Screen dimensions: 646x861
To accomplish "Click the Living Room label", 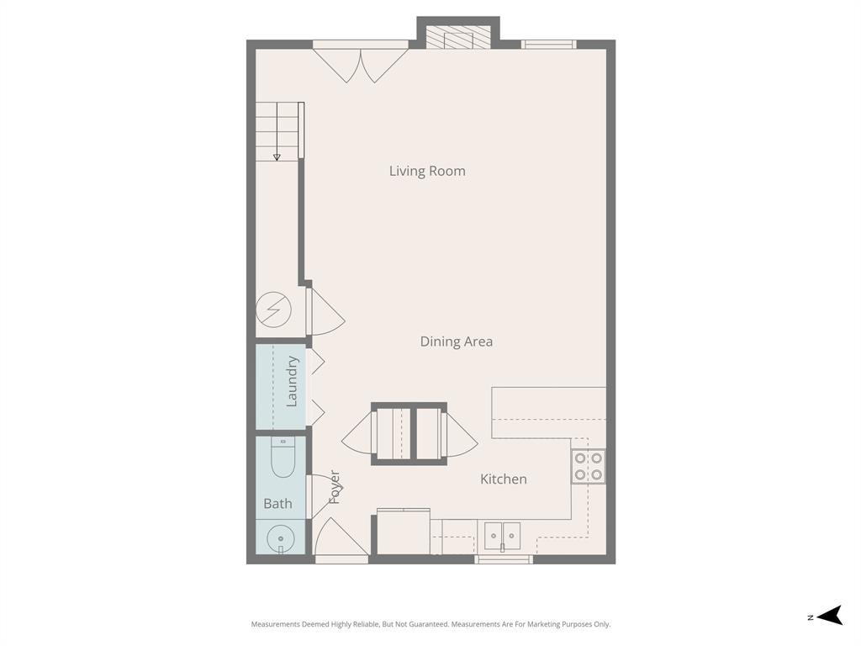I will [427, 171].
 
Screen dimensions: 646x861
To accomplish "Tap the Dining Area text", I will [456, 342].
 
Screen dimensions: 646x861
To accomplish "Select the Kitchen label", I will [503, 479].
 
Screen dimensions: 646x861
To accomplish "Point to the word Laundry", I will [292, 382].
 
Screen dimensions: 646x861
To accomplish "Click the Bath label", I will [277, 504].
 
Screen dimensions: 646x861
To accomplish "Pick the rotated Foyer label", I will [334, 487].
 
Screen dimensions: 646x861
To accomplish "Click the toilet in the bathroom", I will [283, 458].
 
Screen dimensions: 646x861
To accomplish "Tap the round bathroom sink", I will [279, 537].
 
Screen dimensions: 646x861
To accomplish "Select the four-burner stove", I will [588, 467].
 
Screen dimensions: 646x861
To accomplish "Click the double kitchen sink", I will [503, 534].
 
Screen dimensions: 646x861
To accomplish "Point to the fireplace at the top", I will [458, 38].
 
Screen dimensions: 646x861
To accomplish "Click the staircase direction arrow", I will [277, 156].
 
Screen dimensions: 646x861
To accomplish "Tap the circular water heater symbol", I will [274, 310].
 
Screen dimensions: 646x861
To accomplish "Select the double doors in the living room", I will [361, 65].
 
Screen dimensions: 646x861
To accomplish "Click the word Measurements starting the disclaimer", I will [274, 624].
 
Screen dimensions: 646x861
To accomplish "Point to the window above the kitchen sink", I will [503, 559].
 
